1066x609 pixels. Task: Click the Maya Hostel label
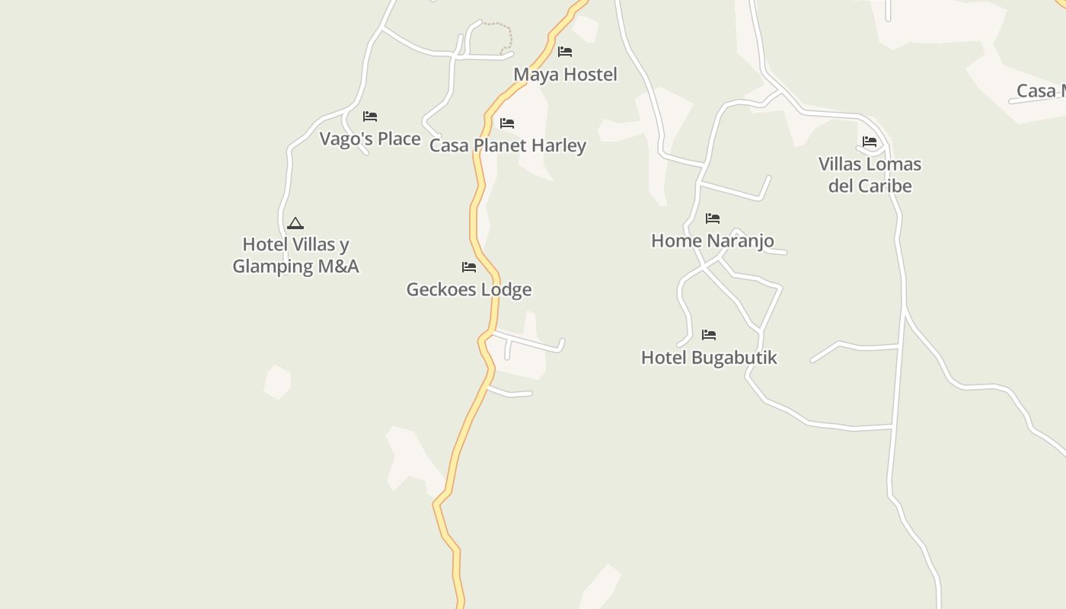pos(565,75)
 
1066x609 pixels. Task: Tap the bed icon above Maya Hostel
pos(565,52)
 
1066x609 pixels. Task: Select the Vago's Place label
pos(370,139)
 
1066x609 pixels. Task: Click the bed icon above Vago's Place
pos(370,116)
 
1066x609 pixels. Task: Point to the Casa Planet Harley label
pos(508,145)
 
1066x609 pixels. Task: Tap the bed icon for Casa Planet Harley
pos(507,123)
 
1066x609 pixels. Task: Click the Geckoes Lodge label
pos(469,289)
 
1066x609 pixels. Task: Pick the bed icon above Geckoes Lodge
pos(469,267)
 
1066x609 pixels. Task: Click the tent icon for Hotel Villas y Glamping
pos(295,223)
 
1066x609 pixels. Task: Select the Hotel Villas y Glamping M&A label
pos(295,255)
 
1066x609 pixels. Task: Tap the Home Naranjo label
pos(713,241)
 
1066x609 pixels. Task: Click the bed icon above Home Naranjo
pos(713,218)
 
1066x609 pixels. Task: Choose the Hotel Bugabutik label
pos(709,357)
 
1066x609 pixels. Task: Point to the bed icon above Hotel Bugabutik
pos(709,335)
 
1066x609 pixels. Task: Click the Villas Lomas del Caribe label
pos(870,175)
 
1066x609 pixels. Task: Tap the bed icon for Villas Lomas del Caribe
pos(870,142)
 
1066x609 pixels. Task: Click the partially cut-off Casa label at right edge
pos(1041,91)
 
